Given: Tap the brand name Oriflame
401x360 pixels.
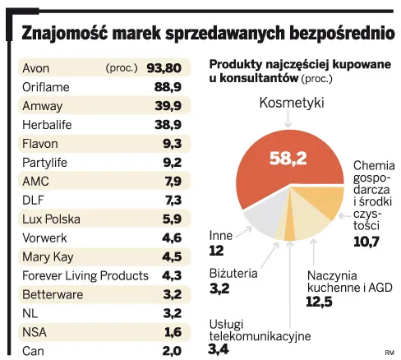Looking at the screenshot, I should tap(46, 86).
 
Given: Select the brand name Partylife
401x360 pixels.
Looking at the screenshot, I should tap(45, 162).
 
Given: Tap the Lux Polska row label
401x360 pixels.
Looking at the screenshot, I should tap(50, 219).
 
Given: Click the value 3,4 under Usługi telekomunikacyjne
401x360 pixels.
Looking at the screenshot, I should tap(221, 351).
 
